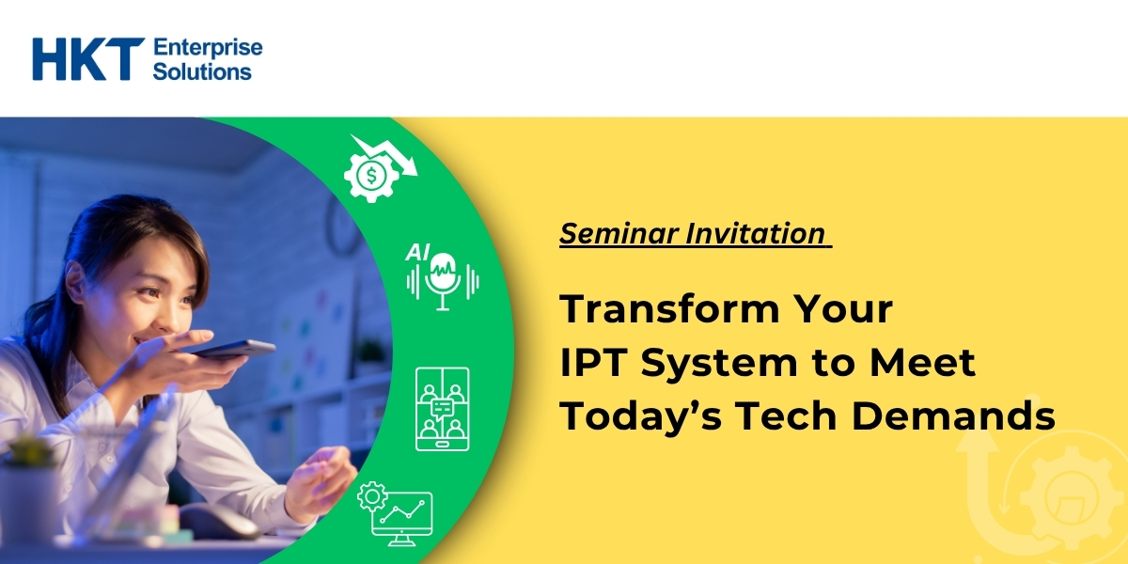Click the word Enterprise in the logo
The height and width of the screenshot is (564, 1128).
point(207,48)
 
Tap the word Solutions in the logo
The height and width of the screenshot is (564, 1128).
point(201,71)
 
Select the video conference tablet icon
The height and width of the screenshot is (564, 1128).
point(442,409)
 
